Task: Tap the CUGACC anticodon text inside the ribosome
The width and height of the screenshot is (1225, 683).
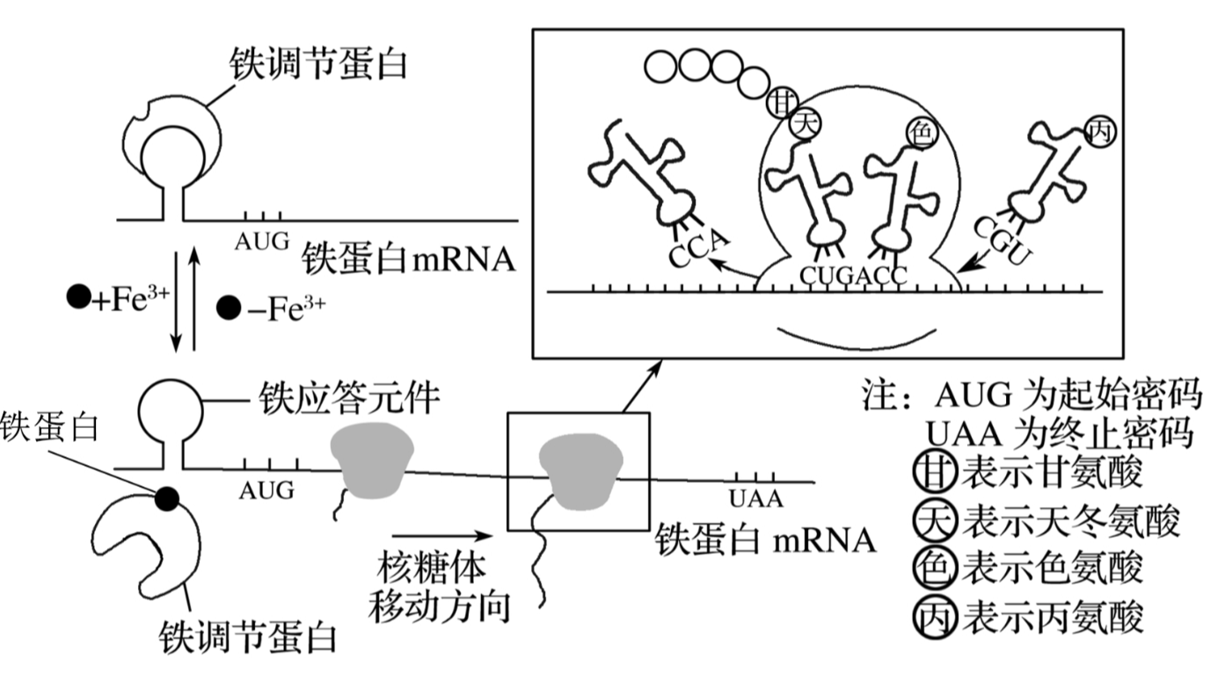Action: click(x=853, y=274)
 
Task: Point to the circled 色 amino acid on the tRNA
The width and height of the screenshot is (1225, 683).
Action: click(x=920, y=134)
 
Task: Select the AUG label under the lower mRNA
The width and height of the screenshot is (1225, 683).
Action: click(x=266, y=490)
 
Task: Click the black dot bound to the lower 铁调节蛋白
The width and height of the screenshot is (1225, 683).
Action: click(x=166, y=499)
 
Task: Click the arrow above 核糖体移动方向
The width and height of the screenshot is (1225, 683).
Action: click(x=440, y=534)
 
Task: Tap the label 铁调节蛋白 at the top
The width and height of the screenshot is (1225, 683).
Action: click(x=318, y=63)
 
